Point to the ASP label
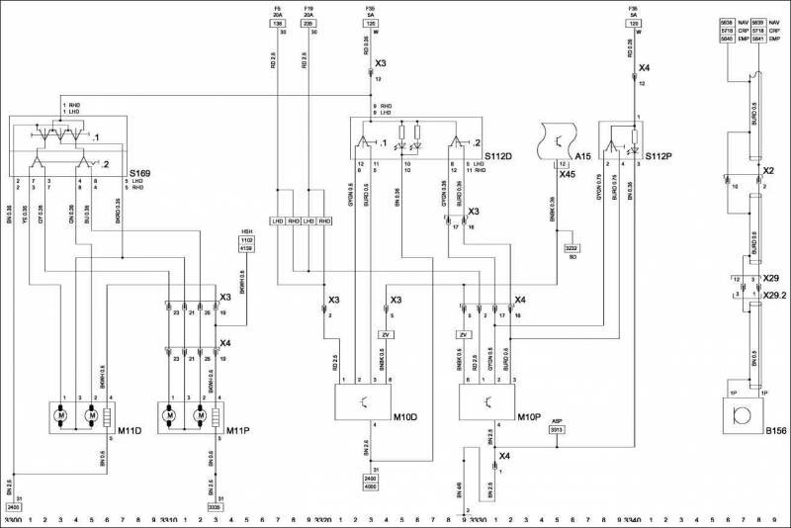557,421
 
